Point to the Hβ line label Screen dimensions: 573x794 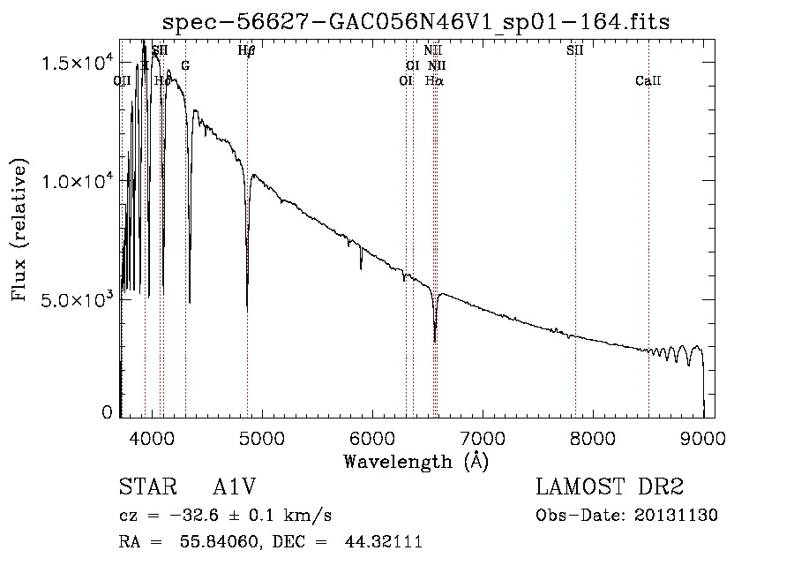247,51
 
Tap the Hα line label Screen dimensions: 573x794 434,80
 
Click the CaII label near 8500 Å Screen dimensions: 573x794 648,81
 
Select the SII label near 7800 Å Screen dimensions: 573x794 575,51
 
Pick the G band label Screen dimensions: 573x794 185,66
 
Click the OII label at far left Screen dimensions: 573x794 123,81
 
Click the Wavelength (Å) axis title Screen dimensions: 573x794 416,460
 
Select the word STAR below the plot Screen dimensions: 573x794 146,487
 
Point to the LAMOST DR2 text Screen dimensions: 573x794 610,487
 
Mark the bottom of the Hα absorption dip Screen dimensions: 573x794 435,341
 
